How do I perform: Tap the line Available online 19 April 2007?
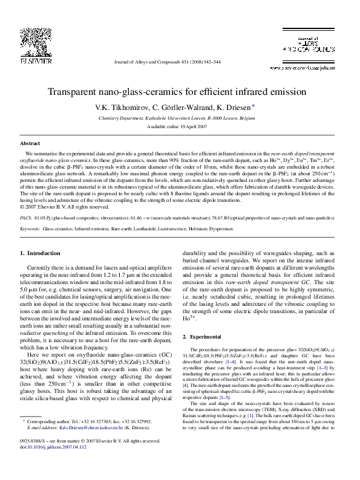point(176,127)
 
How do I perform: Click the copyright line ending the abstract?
point(64,204)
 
